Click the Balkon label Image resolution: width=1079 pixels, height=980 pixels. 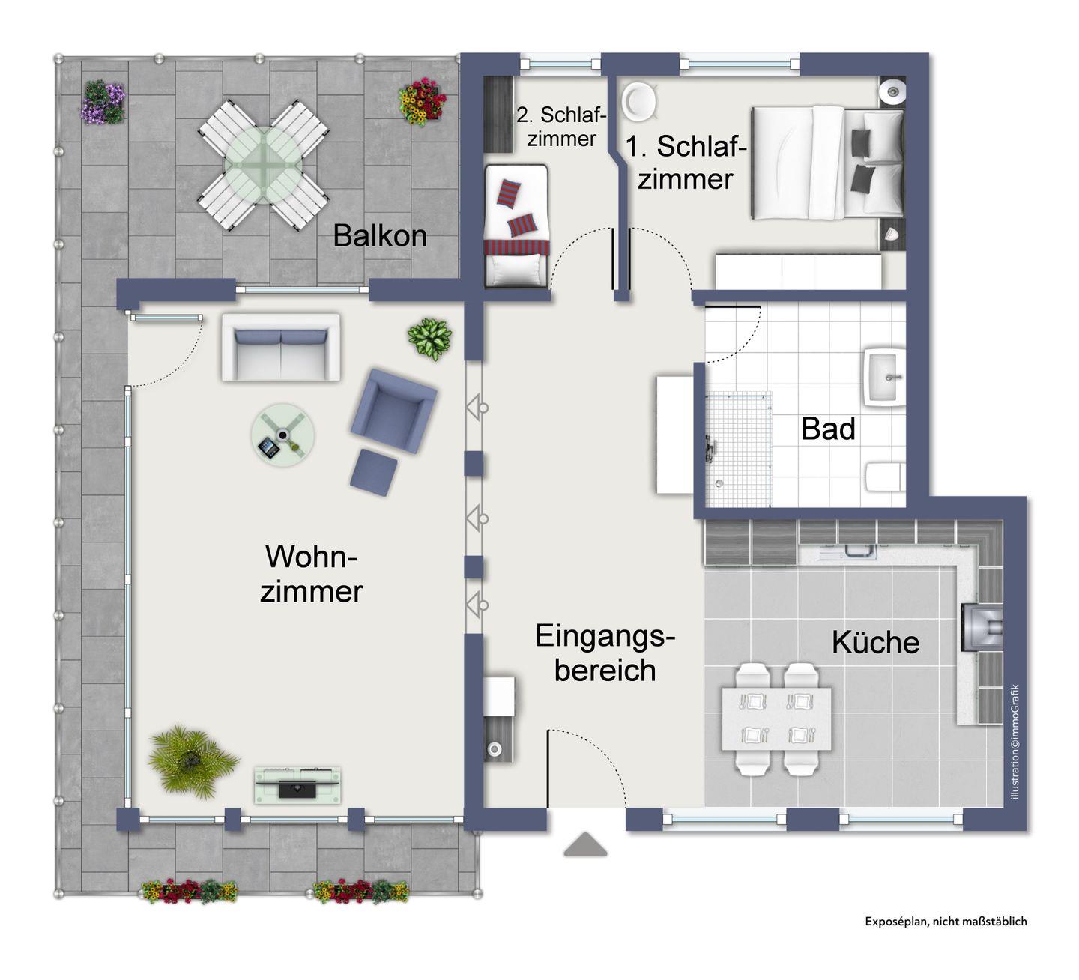tap(380, 235)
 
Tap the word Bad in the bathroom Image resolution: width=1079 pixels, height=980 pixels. tap(828, 429)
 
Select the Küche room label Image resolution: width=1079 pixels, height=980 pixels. tap(875, 641)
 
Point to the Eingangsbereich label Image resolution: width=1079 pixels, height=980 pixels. tap(605, 653)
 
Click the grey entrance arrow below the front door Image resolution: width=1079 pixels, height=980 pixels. tap(585, 844)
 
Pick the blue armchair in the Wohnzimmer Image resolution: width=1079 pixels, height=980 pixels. tap(393, 410)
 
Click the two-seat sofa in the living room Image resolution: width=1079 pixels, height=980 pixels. tap(281, 348)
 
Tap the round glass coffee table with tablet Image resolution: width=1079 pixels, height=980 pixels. tap(282, 435)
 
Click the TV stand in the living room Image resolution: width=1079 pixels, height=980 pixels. tap(297, 785)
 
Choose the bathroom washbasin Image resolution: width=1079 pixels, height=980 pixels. tap(884, 377)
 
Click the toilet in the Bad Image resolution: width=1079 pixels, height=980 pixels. tap(886, 476)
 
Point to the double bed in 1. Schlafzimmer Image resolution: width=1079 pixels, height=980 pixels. tap(827, 163)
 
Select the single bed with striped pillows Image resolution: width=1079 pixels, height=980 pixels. tap(516, 226)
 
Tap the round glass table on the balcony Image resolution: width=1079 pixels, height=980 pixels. tap(263, 165)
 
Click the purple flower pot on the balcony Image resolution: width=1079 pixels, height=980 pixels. tap(103, 102)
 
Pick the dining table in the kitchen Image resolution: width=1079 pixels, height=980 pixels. tap(776, 719)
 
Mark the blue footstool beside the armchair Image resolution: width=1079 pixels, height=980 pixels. tap(373, 472)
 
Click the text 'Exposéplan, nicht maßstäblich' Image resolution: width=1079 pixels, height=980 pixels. tap(946, 921)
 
